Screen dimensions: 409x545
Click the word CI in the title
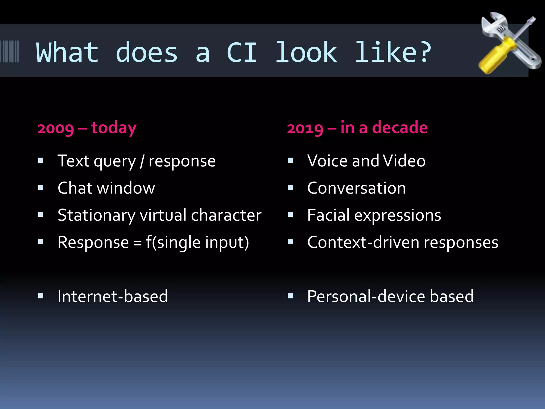[242, 52]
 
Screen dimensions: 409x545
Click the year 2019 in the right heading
[305, 129]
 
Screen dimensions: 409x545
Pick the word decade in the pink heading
[400, 128]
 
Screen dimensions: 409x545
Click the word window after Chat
[126, 188]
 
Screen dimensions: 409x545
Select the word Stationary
[96, 215]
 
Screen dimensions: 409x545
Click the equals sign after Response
[137, 243]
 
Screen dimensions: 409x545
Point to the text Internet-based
[113, 296]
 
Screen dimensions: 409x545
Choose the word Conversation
[356, 188]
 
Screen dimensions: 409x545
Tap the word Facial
[328, 215]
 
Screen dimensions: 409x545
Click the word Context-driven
[363, 242]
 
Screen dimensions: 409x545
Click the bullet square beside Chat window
[41, 188]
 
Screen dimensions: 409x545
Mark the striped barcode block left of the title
[10, 51]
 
